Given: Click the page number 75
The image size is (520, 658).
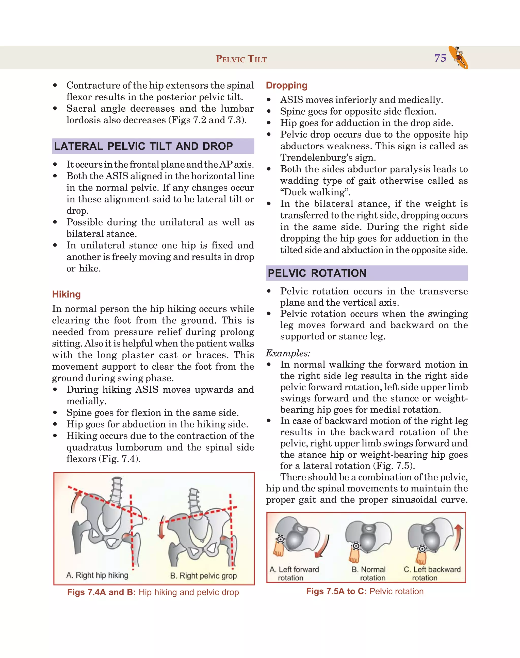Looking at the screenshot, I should (440, 58).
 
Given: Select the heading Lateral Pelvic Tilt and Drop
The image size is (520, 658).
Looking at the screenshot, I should (143, 146).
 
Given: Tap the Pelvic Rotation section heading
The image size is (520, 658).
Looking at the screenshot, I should (317, 273).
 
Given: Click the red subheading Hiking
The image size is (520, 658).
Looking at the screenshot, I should (66, 294).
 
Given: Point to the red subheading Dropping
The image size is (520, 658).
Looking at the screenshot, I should (286, 85).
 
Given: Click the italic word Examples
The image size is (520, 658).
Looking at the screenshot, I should (288, 353).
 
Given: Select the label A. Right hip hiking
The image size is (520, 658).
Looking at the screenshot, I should (97, 575).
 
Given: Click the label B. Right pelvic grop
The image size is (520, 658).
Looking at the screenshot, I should (203, 576).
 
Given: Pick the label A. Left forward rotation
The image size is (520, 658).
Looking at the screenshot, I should (294, 574).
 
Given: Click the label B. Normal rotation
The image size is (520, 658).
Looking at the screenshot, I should (369, 574).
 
